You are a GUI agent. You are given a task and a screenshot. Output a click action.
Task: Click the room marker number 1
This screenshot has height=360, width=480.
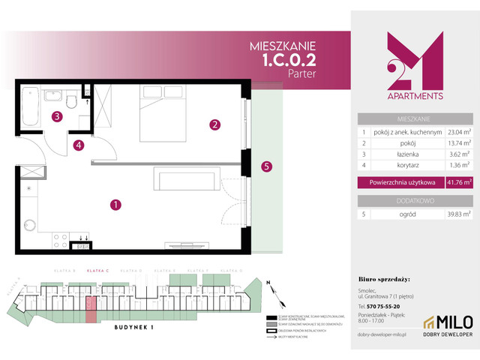click(x=115, y=203)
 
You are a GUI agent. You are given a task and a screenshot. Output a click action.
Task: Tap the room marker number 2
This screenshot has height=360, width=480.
click(x=214, y=124)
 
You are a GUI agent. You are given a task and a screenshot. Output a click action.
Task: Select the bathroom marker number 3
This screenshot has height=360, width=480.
click(x=57, y=116)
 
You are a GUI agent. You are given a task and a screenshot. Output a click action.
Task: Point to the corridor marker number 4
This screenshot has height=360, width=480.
click(x=79, y=145)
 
